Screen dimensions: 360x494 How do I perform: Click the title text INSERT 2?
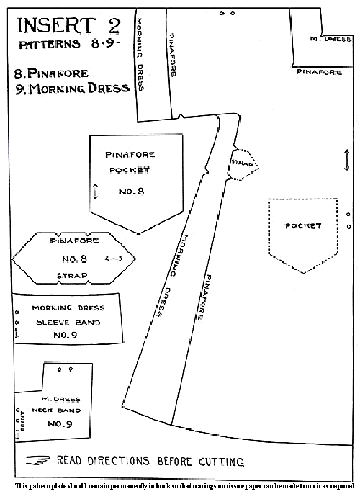[x=68, y=25]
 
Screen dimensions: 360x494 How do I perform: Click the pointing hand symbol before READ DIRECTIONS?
[x=37, y=460]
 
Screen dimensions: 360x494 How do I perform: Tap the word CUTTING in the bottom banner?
[x=221, y=462]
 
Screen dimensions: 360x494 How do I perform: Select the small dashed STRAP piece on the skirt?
[x=243, y=164]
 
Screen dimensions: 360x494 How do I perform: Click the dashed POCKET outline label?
[x=303, y=226]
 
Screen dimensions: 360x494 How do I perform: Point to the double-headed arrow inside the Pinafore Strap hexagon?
[x=114, y=259]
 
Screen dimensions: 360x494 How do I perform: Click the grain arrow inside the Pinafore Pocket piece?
[x=96, y=192]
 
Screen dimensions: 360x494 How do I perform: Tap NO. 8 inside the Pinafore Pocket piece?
[x=131, y=192]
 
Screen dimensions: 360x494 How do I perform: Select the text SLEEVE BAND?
[x=68, y=323]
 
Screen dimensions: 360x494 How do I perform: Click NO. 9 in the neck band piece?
[x=60, y=423]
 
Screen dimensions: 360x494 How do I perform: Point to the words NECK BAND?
[x=56, y=410]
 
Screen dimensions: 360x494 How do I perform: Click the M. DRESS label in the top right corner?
[x=330, y=39]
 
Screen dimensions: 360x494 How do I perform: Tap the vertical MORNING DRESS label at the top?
[x=140, y=55]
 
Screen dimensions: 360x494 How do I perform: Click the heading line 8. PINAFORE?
[x=51, y=73]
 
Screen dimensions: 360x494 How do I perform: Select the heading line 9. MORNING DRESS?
[x=73, y=88]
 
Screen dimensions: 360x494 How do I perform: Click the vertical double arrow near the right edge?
[x=347, y=160]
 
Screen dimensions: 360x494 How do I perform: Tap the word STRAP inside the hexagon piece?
[x=72, y=276]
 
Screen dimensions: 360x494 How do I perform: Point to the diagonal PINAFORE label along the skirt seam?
[x=204, y=297]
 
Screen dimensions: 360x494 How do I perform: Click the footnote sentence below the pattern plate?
[x=185, y=485]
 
